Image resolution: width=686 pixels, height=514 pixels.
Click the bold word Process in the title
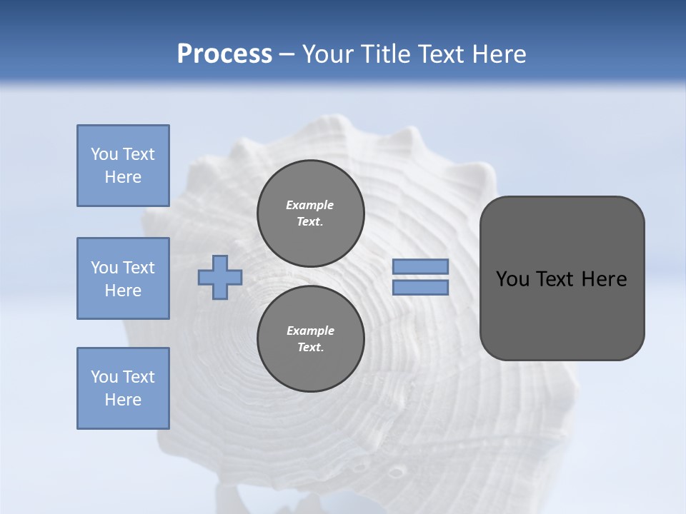224,54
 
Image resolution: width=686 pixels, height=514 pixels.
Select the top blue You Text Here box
123,166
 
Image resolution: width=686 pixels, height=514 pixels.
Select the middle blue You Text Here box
123,278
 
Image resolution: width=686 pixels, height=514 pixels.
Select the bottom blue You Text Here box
123,388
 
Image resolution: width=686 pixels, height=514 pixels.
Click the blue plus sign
220,278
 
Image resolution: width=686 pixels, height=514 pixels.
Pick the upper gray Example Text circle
310,213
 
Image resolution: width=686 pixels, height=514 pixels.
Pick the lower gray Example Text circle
310,338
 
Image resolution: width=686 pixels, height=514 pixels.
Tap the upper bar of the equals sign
420,266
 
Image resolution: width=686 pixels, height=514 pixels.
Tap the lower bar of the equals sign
420,288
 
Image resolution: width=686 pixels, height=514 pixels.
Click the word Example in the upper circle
310,205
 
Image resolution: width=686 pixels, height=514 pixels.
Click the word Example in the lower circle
310,331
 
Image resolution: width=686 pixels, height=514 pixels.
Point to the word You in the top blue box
104,154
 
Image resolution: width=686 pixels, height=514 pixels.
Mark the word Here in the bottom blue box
123,400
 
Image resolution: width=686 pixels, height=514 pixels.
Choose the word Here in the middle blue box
123,291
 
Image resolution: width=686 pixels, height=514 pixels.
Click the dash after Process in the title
287,55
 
